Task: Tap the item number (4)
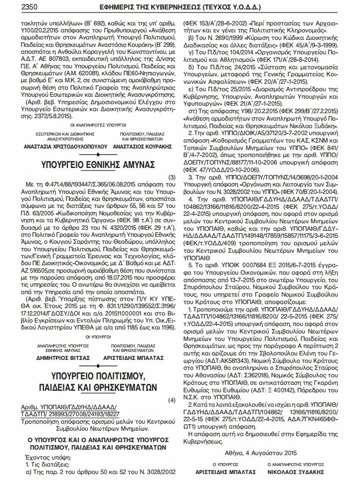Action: [x=172, y=400]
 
